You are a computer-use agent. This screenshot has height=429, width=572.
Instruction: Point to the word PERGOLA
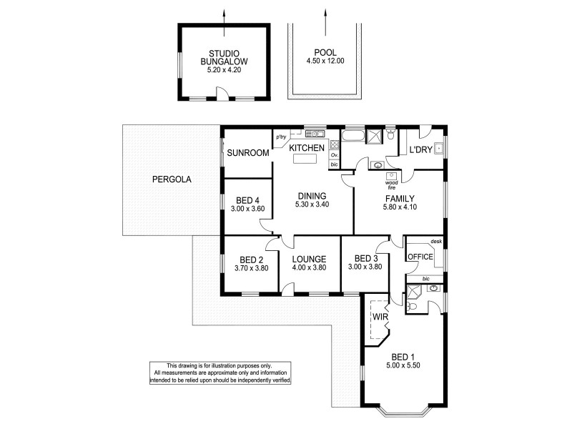[x=172, y=179]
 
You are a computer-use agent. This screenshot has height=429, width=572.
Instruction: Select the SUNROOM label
[x=248, y=153]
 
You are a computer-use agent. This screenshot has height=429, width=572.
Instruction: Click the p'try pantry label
[x=281, y=137]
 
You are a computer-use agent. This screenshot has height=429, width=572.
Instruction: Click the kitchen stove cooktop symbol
[x=334, y=142]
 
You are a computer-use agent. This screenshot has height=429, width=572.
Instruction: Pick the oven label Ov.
[x=334, y=154]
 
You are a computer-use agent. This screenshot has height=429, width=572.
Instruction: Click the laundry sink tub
[x=438, y=149]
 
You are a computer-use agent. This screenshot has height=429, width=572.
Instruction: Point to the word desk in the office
[x=435, y=241]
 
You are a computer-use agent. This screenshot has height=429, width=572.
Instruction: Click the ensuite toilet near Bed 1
[x=412, y=306]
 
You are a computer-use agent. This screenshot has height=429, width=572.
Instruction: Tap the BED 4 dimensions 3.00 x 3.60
[x=248, y=209]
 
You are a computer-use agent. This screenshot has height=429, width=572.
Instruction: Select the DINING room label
[x=312, y=196]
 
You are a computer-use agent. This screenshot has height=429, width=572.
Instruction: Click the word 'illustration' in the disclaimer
[x=231, y=365]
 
